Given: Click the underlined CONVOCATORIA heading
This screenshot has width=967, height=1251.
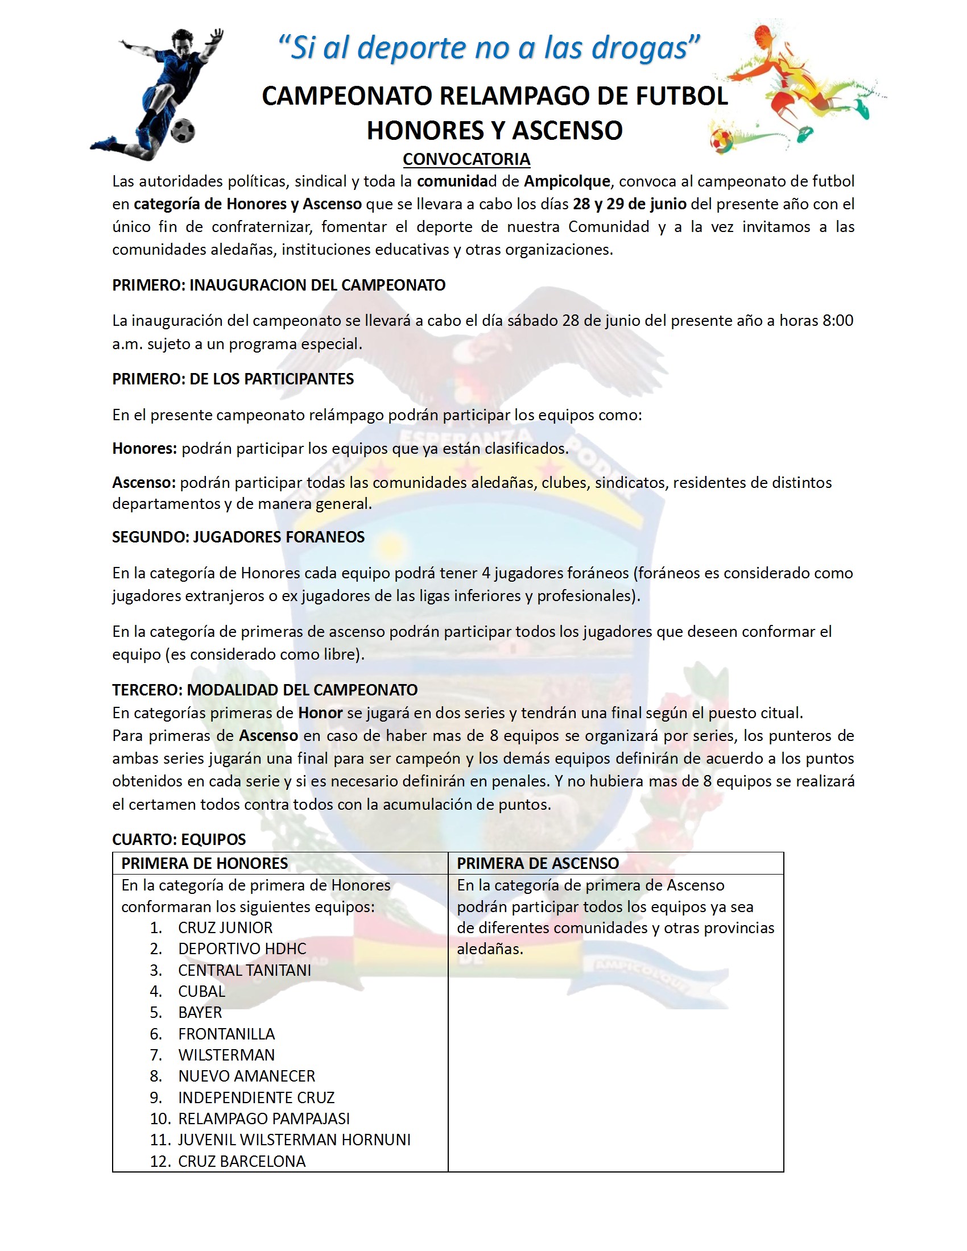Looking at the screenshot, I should point(466,159).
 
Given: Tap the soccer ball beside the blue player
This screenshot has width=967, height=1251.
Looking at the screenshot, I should point(183,131).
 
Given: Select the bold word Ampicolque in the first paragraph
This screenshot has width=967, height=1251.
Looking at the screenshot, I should point(567,181).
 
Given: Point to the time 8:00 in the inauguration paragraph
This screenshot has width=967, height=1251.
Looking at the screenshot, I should point(837,320).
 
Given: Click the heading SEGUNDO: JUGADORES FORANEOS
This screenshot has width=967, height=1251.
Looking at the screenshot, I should point(238,537).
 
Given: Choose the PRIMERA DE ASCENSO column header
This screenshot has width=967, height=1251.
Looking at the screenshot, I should point(538,863).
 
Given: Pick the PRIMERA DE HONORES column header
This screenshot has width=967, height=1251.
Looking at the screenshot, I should point(204,863).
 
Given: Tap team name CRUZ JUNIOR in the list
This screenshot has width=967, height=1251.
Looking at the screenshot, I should point(225,927).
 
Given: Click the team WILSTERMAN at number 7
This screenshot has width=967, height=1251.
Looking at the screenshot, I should point(226,1054).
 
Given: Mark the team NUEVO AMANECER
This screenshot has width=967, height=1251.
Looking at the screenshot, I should point(246,1076).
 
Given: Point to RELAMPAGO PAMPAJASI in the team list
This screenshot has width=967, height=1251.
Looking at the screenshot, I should point(263,1118).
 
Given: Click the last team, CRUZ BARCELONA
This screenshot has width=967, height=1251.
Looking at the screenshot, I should point(242,1161).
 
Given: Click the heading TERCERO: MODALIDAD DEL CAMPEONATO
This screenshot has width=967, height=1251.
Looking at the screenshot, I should point(265,690).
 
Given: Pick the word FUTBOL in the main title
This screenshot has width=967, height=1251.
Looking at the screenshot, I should point(681,96).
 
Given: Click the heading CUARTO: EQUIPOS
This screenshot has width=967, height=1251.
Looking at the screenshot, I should point(179,839).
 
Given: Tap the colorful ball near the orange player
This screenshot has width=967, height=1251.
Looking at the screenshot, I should point(721,139).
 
